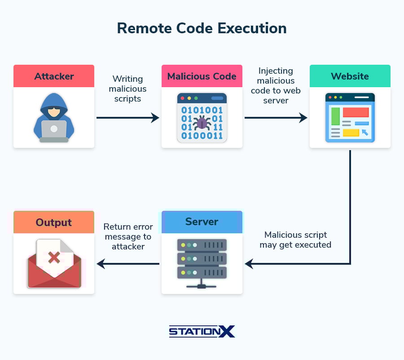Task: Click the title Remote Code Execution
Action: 202,28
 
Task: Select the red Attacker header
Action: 54,76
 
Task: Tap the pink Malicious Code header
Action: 202,76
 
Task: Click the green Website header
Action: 350,76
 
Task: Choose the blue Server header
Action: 202,222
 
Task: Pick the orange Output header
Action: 54,222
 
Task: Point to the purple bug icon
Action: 202,123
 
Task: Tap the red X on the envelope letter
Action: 54,258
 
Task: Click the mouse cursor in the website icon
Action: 364,132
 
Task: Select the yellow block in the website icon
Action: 351,133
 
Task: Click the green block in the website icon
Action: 335,116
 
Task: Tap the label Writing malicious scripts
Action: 127,89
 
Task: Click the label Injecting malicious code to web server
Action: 276,85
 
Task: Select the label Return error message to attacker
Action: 128,236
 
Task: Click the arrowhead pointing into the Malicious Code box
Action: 155,118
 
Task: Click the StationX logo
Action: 202,332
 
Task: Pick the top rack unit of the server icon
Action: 202,245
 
